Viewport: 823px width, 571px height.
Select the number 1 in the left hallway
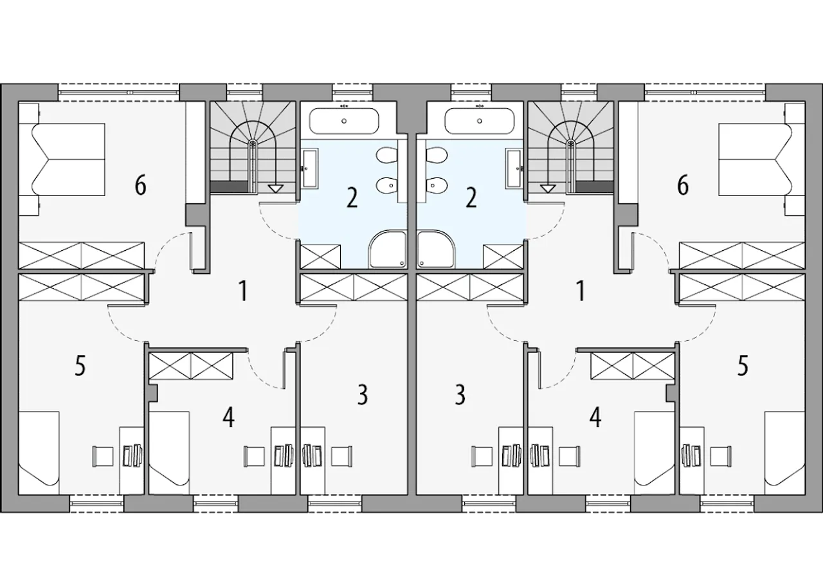[x=243, y=291]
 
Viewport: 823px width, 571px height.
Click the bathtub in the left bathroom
[x=344, y=121]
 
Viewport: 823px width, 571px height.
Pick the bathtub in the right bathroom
[x=479, y=121]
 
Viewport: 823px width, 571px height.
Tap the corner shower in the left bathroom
[x=388, y=249]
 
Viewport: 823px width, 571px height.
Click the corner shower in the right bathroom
[x=436, y=249]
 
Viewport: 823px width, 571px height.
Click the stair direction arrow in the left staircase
[x=275, y=189]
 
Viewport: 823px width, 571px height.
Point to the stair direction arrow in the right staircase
[x=548, y=189]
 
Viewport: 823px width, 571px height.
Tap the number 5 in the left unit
[x=80, y=365]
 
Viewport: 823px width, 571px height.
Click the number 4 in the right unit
[x=595, y=418]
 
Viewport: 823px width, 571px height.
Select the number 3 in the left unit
[x=363, y=395]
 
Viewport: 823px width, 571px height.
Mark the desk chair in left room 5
[x=102, y=457]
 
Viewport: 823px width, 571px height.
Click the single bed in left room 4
[x=169, y=453]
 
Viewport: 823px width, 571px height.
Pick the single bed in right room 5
[x=785, y=453]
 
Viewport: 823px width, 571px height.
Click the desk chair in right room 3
[x=482, y=457]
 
